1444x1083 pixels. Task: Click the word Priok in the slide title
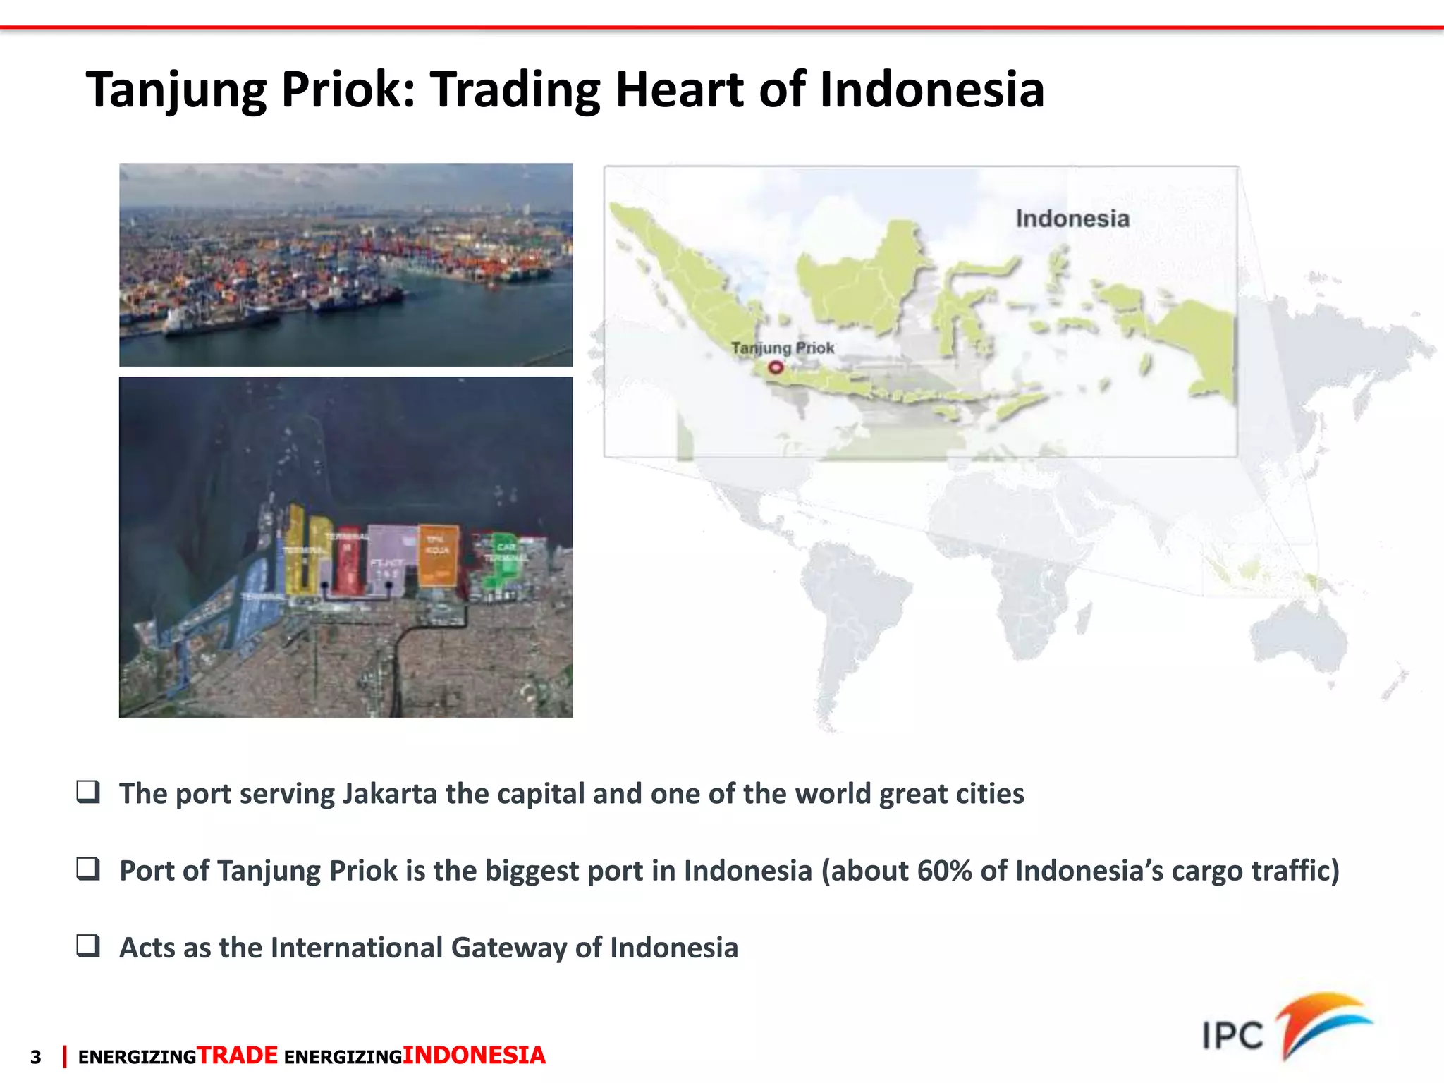point(348,90)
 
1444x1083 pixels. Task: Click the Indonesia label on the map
point(1072,219)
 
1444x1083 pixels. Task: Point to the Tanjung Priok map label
point(782,348)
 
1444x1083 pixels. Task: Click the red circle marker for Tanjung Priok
point(776,367)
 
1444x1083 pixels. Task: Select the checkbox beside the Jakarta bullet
point(88,792)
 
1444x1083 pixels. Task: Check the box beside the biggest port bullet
point(88,869)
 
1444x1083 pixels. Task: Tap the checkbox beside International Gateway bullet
point(88,946)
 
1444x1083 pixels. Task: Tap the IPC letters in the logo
point(1232,1036)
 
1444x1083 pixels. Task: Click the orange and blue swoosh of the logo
point(1322,1022)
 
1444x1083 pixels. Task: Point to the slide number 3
point(36,1057)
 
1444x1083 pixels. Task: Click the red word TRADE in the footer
point(238,1056)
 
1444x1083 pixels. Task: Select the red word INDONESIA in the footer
point(474,1056)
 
